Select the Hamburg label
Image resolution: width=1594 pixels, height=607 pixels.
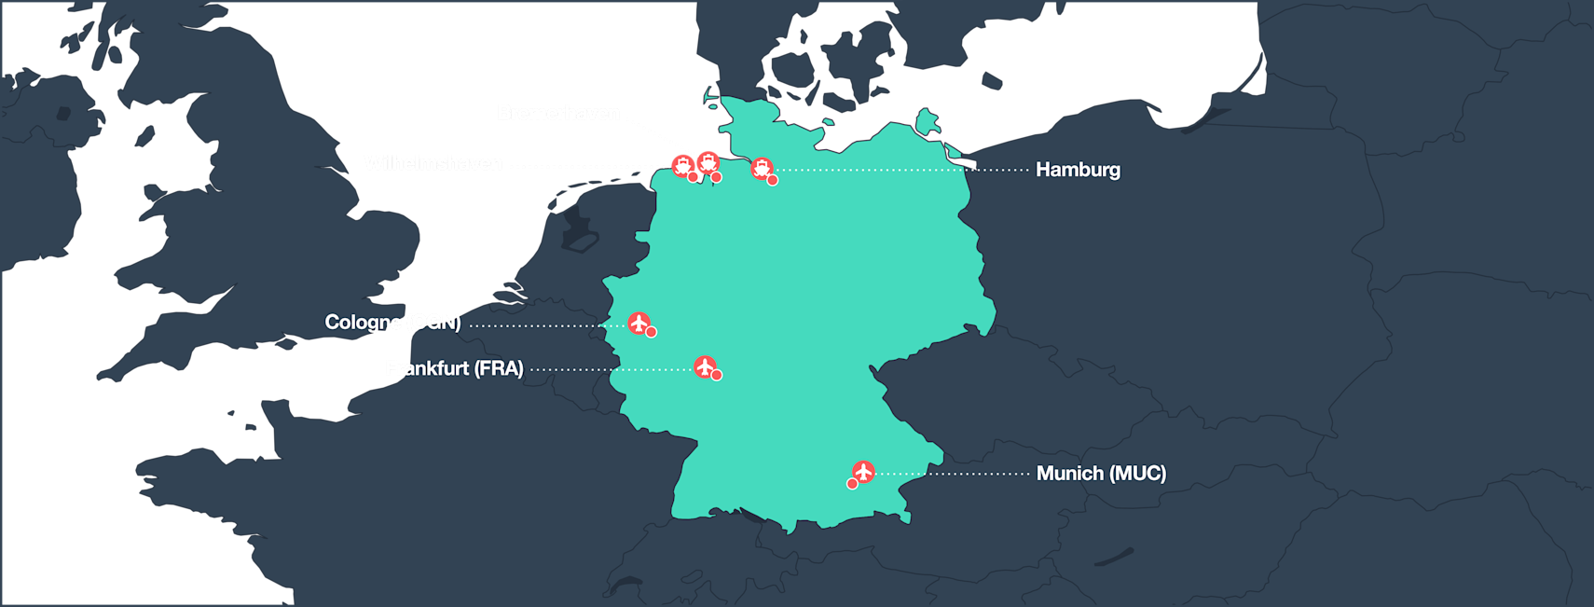coord(1078,170)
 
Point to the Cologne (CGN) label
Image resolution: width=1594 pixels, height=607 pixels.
coord(392,323)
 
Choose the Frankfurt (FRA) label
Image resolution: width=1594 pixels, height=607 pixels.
coord(454,368)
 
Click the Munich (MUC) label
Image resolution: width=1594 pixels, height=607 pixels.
coord(1101,474)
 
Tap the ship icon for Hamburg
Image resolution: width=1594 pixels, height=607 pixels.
coord(762,169)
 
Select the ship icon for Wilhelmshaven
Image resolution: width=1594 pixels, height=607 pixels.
coord(683,166)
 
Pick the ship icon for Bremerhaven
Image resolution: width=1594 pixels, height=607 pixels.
coord(708,162)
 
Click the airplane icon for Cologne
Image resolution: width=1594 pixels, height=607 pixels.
coord(639,323)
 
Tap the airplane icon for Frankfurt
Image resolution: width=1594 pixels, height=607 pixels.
coord(705,366)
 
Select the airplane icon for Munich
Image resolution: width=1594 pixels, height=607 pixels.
coord(863,471)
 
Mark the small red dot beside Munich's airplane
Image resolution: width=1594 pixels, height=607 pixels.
coord(852,484)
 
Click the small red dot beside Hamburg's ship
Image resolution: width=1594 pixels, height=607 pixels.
coord(773,180)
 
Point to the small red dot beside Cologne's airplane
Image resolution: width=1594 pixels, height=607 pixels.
coord(652,332)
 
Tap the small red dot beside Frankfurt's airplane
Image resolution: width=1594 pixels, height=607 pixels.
coord(717,376)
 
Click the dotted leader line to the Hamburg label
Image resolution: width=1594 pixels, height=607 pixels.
coord(904,170)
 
